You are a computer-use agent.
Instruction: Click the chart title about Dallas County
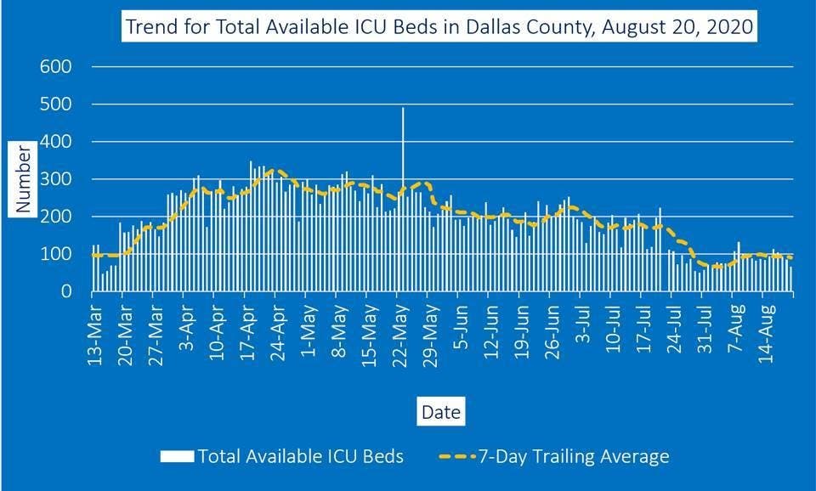point(439,27)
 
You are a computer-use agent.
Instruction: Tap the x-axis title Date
point(442,413)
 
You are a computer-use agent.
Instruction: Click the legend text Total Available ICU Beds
point(300,457)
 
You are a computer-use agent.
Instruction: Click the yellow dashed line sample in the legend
point(464,457)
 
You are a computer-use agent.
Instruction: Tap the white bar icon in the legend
point(178,457)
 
